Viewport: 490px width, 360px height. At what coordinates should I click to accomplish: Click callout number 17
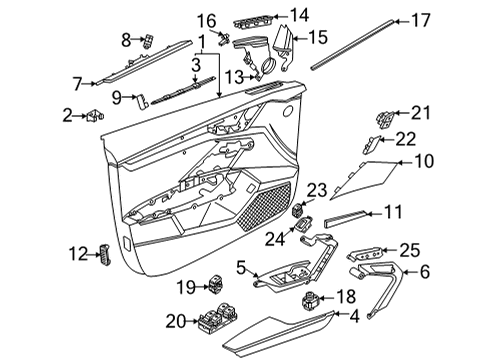[x=421, y=20]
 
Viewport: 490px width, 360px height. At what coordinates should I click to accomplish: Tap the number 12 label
[x=78, y=254]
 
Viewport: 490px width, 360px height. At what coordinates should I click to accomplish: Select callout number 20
[x=175, y=322]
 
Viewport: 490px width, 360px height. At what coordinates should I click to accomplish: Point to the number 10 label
[x=424, y=161]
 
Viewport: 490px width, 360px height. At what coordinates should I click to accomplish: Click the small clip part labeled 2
[x=95, y=116]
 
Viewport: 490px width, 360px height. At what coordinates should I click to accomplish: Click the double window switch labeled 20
[x=218, y=319]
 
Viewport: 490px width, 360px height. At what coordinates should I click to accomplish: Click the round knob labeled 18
[x=310, y=299]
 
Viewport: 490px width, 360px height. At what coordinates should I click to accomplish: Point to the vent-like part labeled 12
[x=104, y=255]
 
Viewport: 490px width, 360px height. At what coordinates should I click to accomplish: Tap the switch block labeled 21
[x=385, y=120]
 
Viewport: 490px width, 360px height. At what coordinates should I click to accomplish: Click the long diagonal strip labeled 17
[x=353, y=45]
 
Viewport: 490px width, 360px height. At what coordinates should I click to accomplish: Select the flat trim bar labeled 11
[x=345, y=219]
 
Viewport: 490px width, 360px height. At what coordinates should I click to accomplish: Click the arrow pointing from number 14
[x=280, y=16]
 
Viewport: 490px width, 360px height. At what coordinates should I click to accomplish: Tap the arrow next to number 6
[x=409, y=272]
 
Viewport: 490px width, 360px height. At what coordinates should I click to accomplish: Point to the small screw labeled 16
[x=224, y=39]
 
